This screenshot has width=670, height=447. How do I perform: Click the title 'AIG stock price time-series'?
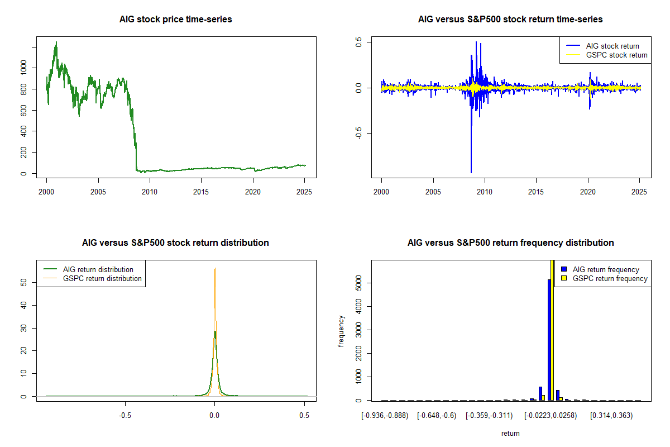pyautogui.click(x=175, y=20)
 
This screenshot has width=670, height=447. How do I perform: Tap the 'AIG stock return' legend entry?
pyautogui.click(x=612, y=46)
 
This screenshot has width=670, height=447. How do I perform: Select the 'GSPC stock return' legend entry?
pyautogui.click(x=616, y=55)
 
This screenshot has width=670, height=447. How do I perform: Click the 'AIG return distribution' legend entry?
pyautogui.click(x=98, y=269)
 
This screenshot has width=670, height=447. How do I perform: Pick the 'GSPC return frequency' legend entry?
pyautogui.click(x=610, y=278)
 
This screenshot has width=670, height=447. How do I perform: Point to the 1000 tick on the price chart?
pyautogui.click(x=24, y=67)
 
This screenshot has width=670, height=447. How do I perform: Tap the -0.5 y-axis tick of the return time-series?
pyautogui.click(x=358, y=133)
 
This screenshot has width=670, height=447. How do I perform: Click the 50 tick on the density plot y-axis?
pyautogui.click(x=24, y=282)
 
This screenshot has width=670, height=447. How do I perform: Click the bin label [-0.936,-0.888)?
pyautogui.click(x=385, y=416)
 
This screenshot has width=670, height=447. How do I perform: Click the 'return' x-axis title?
pyautogui.click(x=510, y=433)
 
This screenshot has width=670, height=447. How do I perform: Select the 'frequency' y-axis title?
pyautogui.click(x=341, y=331)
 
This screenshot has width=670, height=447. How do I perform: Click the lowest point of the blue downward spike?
pyautogui.click(x=471, y=172)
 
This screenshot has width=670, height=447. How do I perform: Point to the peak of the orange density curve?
pyautogui.click(x=215, y=269)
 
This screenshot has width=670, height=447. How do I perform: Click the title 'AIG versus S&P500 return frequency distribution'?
pyautogui.click(x=510, y=243)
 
